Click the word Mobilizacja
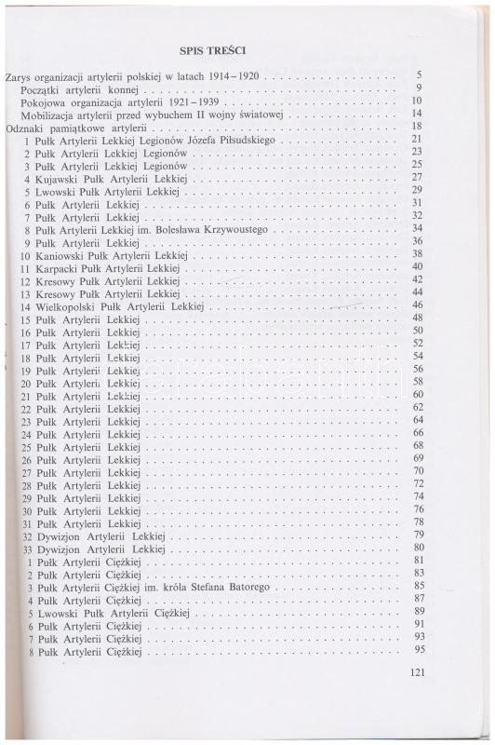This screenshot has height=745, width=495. [54, 114]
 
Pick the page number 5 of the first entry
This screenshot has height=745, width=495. [420, 74]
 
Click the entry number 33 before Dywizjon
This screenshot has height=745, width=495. [28, 549]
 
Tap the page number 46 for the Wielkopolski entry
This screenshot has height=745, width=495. [418, 305]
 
